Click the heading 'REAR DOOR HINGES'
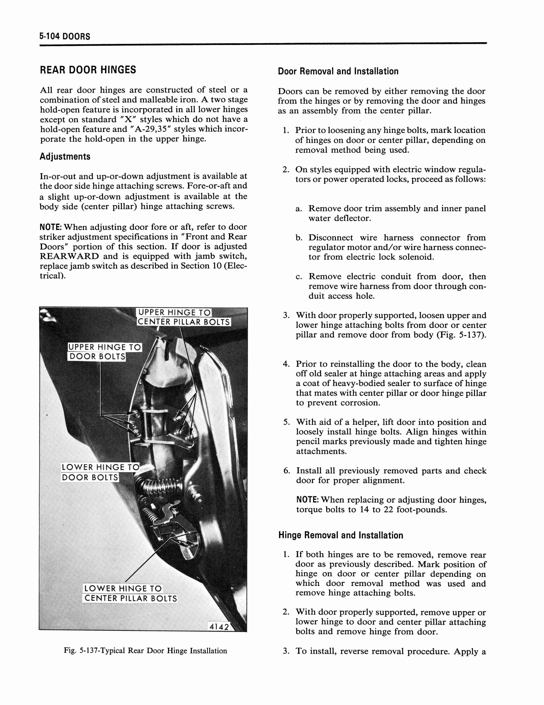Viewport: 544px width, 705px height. [x=88, y=70]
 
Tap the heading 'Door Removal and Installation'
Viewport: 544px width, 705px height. [x=338, y=71]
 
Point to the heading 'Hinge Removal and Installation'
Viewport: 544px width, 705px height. [x=340, y=535]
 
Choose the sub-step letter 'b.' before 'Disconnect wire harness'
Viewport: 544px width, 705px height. [x=299, y=238]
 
